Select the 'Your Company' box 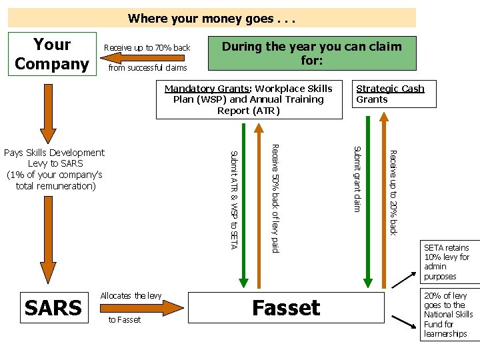[52, 54]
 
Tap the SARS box [53, 308]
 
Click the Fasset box [287, 307]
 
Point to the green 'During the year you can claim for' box [312, 53]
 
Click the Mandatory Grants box [249, 99]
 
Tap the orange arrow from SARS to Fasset [141, 307]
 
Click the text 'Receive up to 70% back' [147, 48]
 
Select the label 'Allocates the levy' [131, 295]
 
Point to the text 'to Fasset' [125, 320]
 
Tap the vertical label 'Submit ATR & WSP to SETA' [233, 200]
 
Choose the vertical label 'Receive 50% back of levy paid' [275, 198]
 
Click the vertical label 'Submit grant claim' [357, 179]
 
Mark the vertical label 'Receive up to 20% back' [393, 193]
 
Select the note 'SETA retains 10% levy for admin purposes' [447, 262]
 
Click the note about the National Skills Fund [448, 315]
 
